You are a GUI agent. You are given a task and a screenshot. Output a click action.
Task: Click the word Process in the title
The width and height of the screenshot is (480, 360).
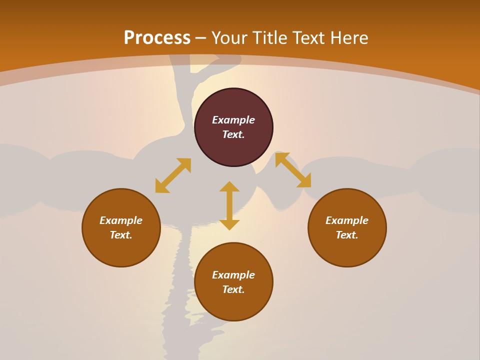point(157,37)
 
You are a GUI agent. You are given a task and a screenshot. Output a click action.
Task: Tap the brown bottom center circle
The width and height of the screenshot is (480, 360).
point(233,305)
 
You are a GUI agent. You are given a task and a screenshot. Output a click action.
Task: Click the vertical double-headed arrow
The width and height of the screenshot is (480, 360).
point(229,205)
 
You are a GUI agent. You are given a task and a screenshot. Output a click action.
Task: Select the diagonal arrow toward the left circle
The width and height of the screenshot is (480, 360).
point(173,175)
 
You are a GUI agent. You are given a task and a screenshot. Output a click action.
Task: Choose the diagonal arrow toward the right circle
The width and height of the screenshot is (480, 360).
point(293,170)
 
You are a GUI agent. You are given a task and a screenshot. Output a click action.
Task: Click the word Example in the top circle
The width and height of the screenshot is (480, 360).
point(233,120)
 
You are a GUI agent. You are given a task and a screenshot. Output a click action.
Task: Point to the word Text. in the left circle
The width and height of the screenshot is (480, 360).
point(121,235)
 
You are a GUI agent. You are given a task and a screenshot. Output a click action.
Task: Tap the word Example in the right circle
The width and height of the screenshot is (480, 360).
point(347,220)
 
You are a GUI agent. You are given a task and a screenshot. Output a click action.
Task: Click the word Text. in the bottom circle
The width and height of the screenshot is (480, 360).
point(233,289)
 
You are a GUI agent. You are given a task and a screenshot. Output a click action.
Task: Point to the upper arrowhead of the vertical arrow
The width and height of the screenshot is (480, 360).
point(229,186)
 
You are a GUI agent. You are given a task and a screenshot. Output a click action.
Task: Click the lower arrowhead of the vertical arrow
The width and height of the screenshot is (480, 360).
point(229,224)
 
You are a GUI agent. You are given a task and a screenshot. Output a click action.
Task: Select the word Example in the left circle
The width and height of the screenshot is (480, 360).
point(121,220)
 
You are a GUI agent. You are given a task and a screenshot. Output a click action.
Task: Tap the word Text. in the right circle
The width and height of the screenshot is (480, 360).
point(347,235)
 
